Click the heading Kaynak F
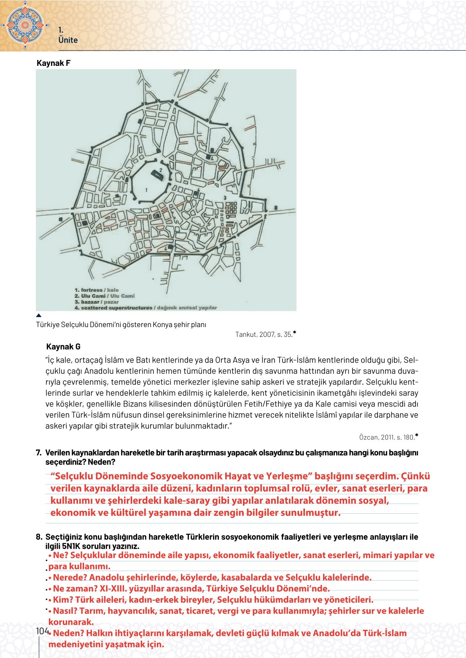tap(54, 63)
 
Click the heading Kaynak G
tap(63, 347)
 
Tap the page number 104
tap(42, 631)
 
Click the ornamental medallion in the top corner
tap(25, 25)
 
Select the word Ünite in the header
tap(68, 40)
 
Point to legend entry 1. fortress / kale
tap(97, 290)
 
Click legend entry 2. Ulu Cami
tap(105, 296)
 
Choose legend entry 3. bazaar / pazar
tap(97, 302)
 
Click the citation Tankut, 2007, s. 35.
tap(264, 335)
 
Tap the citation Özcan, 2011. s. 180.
tap(387, 437)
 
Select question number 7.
tap(38, 453)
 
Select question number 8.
tap(38, 537)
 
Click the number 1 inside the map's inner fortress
tap(146, 190)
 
